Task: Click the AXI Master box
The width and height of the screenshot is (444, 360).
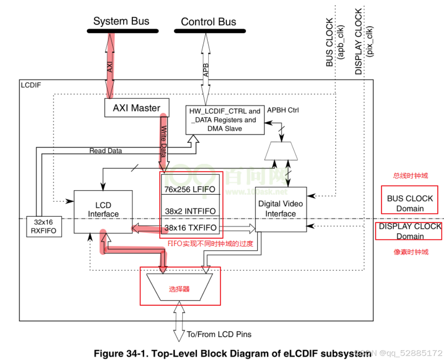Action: pyautogui.click(x=136, y=108)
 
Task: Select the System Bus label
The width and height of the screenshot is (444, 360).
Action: pyautogui.click(x=121, y=21)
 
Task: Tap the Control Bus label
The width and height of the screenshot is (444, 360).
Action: pyautogui.click(x=208, y=22)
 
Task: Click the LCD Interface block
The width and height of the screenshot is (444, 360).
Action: pyautogui.click(x=103, y=209)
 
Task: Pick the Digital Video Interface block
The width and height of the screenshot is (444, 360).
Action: pyautogui.click(x=280, y=209)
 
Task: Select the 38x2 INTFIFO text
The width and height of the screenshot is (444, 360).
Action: pyautogui.click(x=190, y=211)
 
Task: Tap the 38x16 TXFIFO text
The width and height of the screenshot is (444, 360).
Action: pyautogui.click(x=190, y=228)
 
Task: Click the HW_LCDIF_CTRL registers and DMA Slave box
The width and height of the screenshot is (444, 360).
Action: pyautogui.click(x=225, y=120)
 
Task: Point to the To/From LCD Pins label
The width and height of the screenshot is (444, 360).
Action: pyautogui.click(x=219, y=334)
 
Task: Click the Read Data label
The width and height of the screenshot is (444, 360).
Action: pyautogui.click(x=105, y=151)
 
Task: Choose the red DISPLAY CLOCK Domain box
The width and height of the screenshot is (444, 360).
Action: pyautogui.click(x=409, y=231)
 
